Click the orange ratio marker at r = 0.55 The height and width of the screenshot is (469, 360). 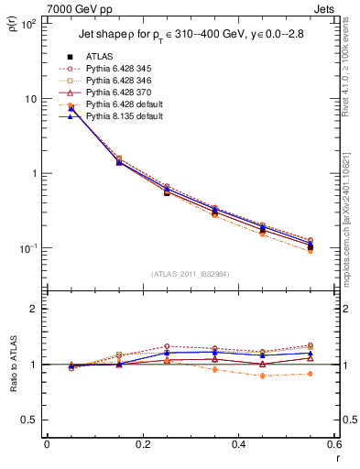click(x=311, y=374)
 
